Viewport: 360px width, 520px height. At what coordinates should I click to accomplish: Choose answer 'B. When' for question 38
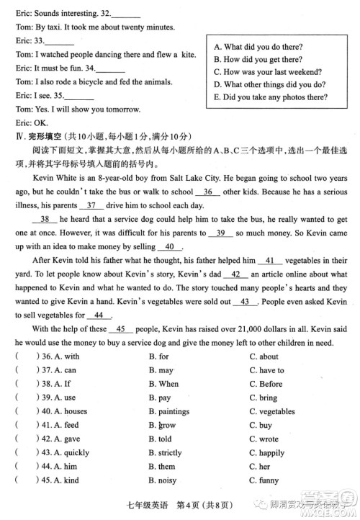163,384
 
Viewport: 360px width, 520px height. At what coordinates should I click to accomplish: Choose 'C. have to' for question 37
266,370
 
